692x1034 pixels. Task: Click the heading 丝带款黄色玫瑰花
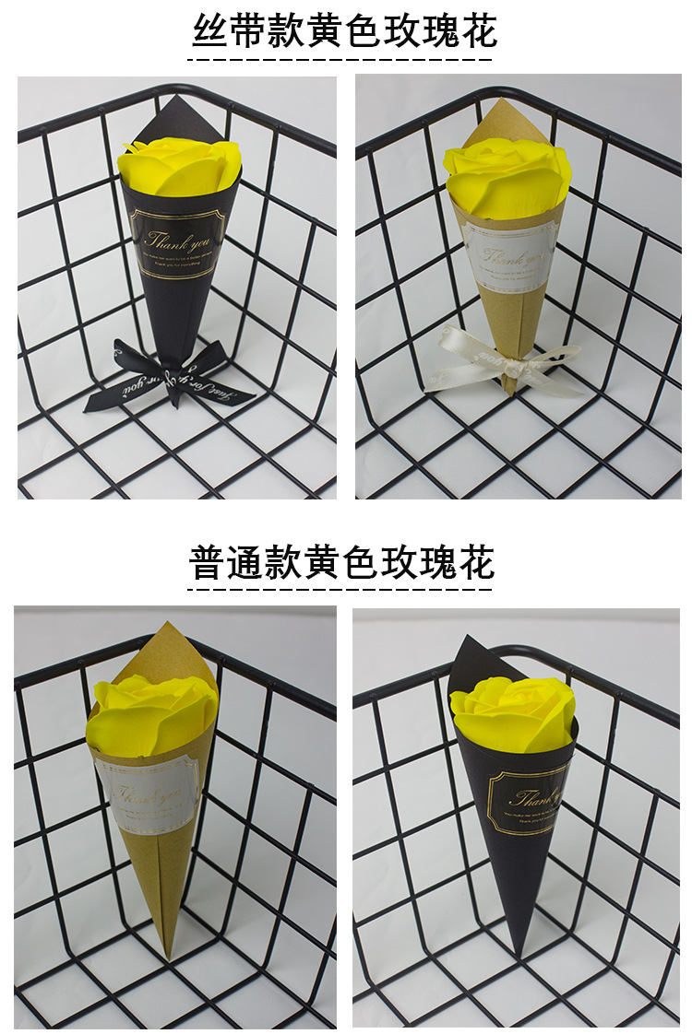[344, 32]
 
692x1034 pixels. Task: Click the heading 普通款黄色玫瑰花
[342, 561]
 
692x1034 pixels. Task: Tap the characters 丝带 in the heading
[228, 32]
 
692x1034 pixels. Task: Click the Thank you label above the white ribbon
[507, 253]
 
